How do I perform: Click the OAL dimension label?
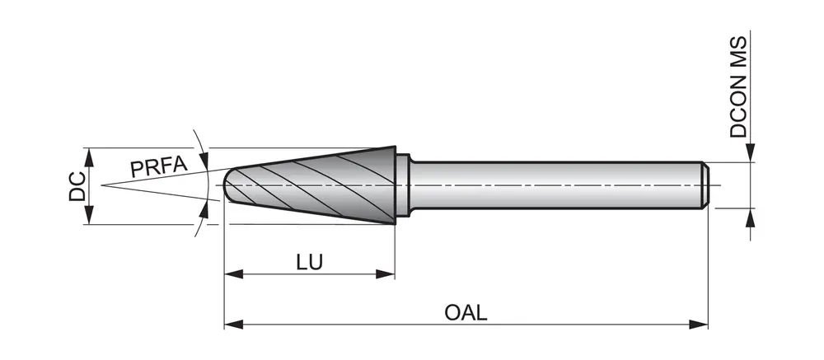coord(466,312)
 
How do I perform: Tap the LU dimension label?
coord(309,262)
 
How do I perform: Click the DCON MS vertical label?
coord(739,86)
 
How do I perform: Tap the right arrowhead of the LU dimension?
coord(388,274)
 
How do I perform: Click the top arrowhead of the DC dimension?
coord(89,155)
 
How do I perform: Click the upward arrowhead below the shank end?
coord(751,217)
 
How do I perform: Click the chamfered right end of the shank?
coord(705,185)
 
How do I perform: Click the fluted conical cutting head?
coord(321,185)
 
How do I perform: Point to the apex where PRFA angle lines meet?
coord(101,185)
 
